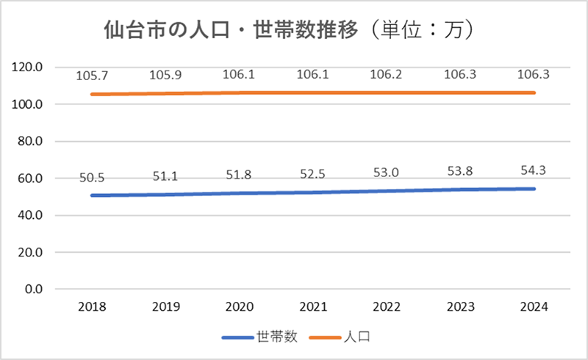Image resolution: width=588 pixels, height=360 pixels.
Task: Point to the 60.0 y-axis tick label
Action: [x=32, y=179]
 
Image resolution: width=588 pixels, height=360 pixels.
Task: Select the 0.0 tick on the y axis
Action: [x=35, y=289]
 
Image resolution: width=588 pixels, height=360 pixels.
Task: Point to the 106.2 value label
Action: [x=388, y=75]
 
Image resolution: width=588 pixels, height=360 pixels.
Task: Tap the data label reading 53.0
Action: [x=388, y=172]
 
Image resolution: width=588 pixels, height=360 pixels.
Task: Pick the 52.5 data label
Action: [x=313, y=173]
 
